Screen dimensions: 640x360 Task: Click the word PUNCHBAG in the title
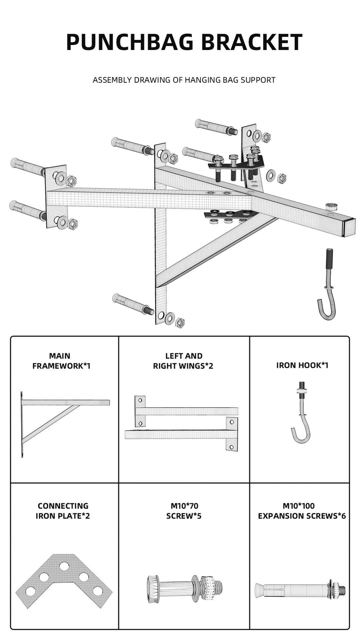[x=130, y=42]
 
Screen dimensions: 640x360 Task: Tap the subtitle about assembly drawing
[x=184, y=80]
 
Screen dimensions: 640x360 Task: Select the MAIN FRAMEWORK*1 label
[x=61, y=361]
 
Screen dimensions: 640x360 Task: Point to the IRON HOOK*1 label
[x=302, y=365]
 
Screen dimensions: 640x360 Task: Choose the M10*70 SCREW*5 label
[x=183, y=511]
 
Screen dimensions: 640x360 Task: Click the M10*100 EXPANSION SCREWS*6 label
[x=301, y=511]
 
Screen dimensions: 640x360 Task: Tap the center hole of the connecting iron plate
[x=64, y=566]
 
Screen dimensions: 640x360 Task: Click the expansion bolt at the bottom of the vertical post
[x=133, y=305]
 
